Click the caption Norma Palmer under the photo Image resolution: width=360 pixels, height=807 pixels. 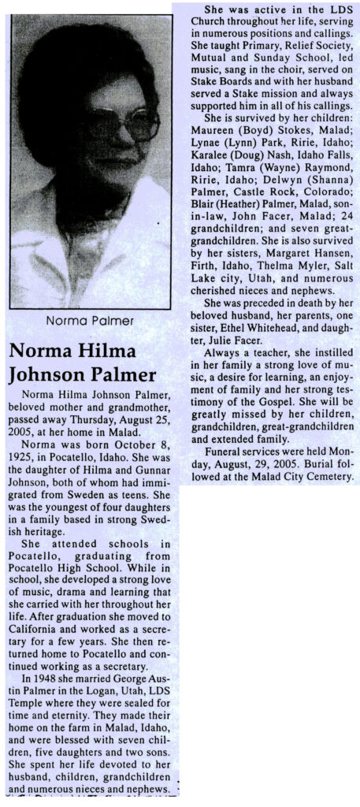(91, 320)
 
